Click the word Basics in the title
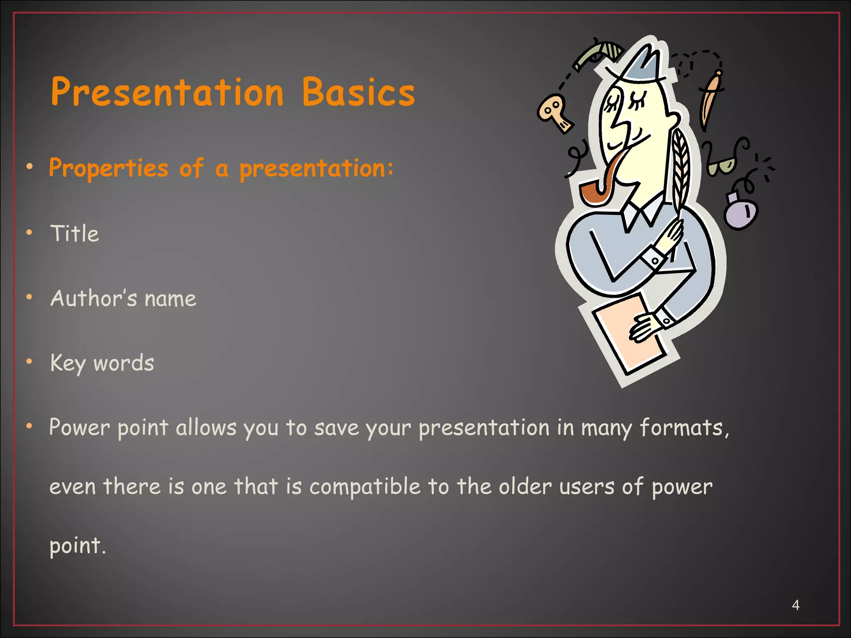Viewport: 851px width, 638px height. pyautogui.click(x=358, y=92)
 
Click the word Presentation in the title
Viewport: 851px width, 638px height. pyautogui.click(x=167, y=92)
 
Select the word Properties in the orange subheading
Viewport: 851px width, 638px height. pyautogui.click(x=109, y=169)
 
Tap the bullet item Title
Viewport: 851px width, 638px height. pyautogui.click(x=75, y=233)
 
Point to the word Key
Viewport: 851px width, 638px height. pyautogui.click(x=68, y=363)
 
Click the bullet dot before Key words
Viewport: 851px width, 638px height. pyautogui.click(x=29, y=362)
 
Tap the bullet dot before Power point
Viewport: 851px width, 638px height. pyautogui.click(x=29, y=426)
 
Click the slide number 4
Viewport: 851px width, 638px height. pyautogui.click(x=795, y=605)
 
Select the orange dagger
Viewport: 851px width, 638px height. pyautogui.click(x=711, y=100)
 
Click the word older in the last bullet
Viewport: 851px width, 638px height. pyautogui.click(x=525, y=487)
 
